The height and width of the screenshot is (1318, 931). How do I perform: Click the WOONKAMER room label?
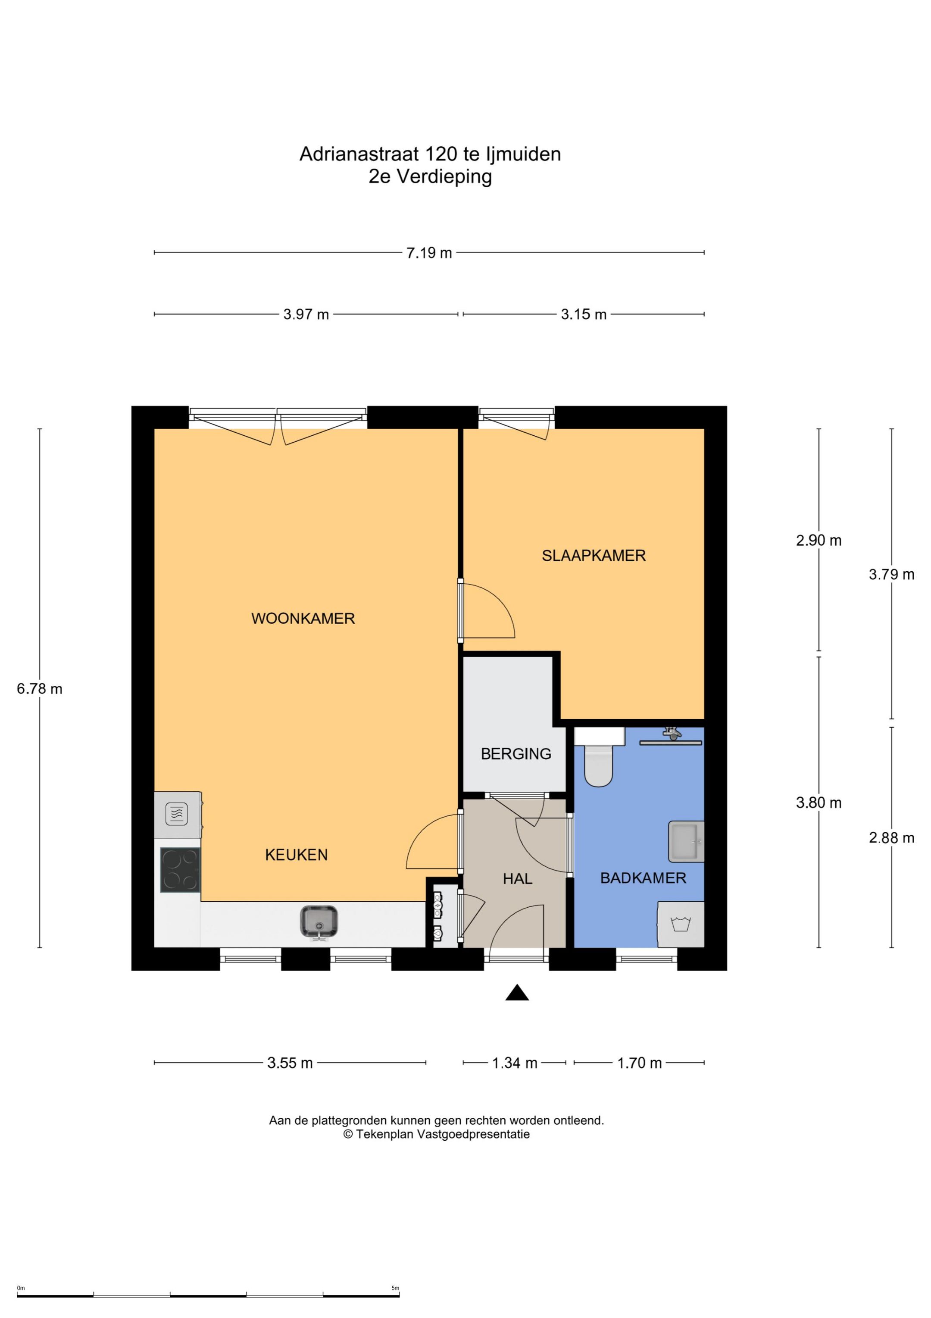tap(303, 618)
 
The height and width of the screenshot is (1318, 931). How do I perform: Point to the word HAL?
tap(517, 878)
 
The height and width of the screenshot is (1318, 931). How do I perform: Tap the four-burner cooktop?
tap(180, 870)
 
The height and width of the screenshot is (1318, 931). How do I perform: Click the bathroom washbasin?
tap(686, 842)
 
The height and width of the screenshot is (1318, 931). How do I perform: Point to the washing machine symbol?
tap(681, 924)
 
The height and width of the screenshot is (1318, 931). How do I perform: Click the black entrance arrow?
tap(517, 993)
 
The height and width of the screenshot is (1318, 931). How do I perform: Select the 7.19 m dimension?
tap(429, 252)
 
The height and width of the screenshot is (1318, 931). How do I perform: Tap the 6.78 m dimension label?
tap(40, 689)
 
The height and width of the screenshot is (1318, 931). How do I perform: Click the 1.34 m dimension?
tap(515, 1063)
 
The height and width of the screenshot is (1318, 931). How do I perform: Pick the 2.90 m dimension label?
tap(819, 540)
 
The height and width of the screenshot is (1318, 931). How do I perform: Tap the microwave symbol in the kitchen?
tap(177, 815)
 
